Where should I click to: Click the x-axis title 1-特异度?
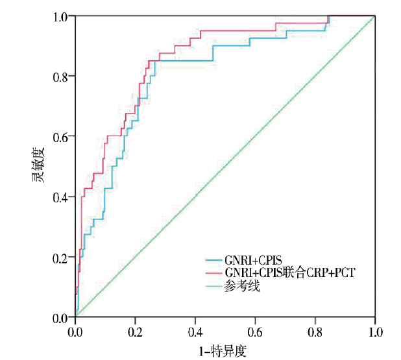point(225,351)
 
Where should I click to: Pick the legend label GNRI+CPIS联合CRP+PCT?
point(290,273)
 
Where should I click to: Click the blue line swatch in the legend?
point(213,260)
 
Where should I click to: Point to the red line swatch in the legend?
point(213,273)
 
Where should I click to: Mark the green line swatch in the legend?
point(213,286)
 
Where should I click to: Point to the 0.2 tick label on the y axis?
point(62,258)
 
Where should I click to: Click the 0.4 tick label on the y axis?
point(62,197)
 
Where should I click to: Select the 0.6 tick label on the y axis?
point(62,137)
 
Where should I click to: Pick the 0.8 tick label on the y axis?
point(62,77)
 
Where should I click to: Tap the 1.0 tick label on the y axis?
point(62,16)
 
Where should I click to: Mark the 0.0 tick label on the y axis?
point(62,318)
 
